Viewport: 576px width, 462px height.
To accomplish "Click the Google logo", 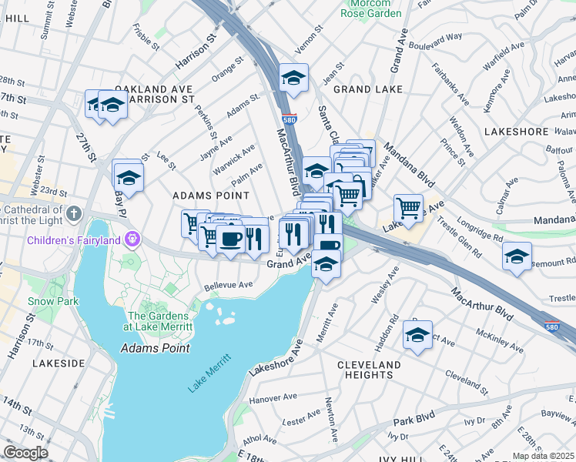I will (x=25, y=453).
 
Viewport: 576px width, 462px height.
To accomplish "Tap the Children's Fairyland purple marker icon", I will (x=132, y=239).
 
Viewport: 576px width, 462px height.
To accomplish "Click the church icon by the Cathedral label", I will (x=73, y=213).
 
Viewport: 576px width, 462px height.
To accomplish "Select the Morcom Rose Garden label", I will (x=372, y=8).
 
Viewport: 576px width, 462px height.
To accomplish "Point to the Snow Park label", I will (x=52, y=301).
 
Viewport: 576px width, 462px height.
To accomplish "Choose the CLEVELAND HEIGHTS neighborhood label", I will (x=368, y=370).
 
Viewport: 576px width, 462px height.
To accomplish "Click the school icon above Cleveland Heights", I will (x=417, y=335).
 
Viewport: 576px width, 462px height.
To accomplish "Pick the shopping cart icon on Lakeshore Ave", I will (x=407, y=206).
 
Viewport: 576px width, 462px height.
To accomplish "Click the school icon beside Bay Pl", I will (x=129, y=176).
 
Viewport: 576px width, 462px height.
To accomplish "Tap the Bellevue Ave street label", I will (x=228, y=286).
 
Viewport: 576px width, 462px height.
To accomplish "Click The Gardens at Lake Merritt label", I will (x=159, y=321).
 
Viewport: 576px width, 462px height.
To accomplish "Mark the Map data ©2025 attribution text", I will (x=543, y=456).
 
